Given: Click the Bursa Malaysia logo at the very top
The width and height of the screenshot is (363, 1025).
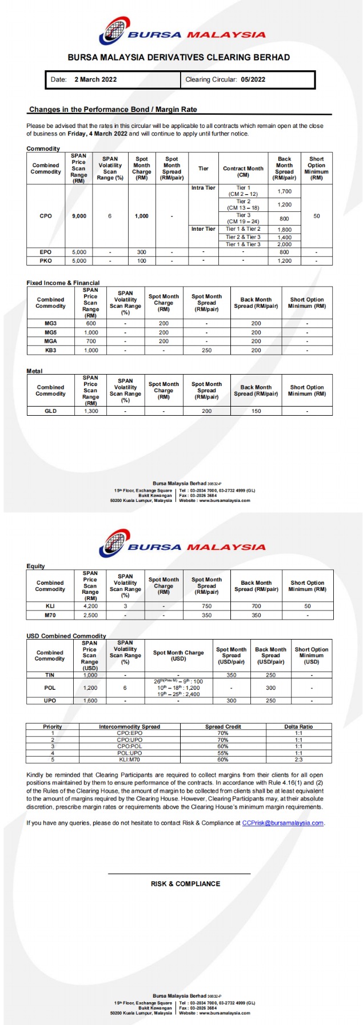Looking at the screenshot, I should tap(181, 31).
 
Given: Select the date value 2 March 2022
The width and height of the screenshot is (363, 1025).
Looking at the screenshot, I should tap(95, 80).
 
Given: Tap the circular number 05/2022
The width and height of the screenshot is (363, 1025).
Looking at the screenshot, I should tap(253, 80).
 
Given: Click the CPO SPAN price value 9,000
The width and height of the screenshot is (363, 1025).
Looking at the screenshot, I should tap(79, 216).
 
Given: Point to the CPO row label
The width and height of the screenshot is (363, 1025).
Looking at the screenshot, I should tap(46, 216).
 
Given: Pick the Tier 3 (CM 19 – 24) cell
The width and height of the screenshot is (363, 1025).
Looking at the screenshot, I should tap(243, 219).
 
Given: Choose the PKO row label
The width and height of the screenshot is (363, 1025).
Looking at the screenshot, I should tap(46, 261).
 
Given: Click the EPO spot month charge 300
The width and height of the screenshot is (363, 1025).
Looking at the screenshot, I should tap(141, 252).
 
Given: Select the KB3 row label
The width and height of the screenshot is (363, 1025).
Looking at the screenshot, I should tap(50, 351).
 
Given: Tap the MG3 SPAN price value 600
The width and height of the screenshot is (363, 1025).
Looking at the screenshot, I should tap(90, 324).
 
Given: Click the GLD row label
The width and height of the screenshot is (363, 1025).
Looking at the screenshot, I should tap(50, 411).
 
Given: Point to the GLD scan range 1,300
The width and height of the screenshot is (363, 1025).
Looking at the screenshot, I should tap(90, 411).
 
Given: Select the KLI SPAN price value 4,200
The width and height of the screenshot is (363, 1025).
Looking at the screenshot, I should tap(90, 606).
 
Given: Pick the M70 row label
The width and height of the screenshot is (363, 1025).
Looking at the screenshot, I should tap(50, 616).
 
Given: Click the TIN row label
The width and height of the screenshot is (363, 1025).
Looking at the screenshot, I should tap(50, 675).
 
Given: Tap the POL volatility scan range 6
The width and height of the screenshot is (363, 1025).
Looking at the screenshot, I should tap(125, 688).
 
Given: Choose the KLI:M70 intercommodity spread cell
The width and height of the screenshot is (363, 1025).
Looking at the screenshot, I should tap(129, 760).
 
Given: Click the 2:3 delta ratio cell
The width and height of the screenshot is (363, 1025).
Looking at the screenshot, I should tap(298, 760).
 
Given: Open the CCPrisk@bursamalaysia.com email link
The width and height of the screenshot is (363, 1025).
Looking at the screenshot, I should tap(282, 823).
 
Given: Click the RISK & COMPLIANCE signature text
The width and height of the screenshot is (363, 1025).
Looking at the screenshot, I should tap(185, 884).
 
